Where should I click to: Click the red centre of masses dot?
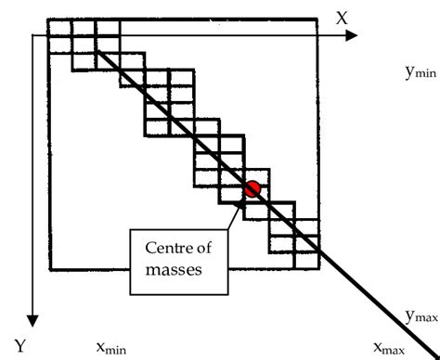point(251,188)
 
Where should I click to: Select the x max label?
point(389,348)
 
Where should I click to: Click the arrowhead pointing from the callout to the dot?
point(243,199)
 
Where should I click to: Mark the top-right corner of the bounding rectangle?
point(319,19)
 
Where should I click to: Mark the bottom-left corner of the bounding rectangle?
point(49,269)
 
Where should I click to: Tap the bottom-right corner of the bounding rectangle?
point(319,269)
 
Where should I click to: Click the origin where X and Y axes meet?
point(33,36)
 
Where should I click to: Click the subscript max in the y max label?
point(426,319)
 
